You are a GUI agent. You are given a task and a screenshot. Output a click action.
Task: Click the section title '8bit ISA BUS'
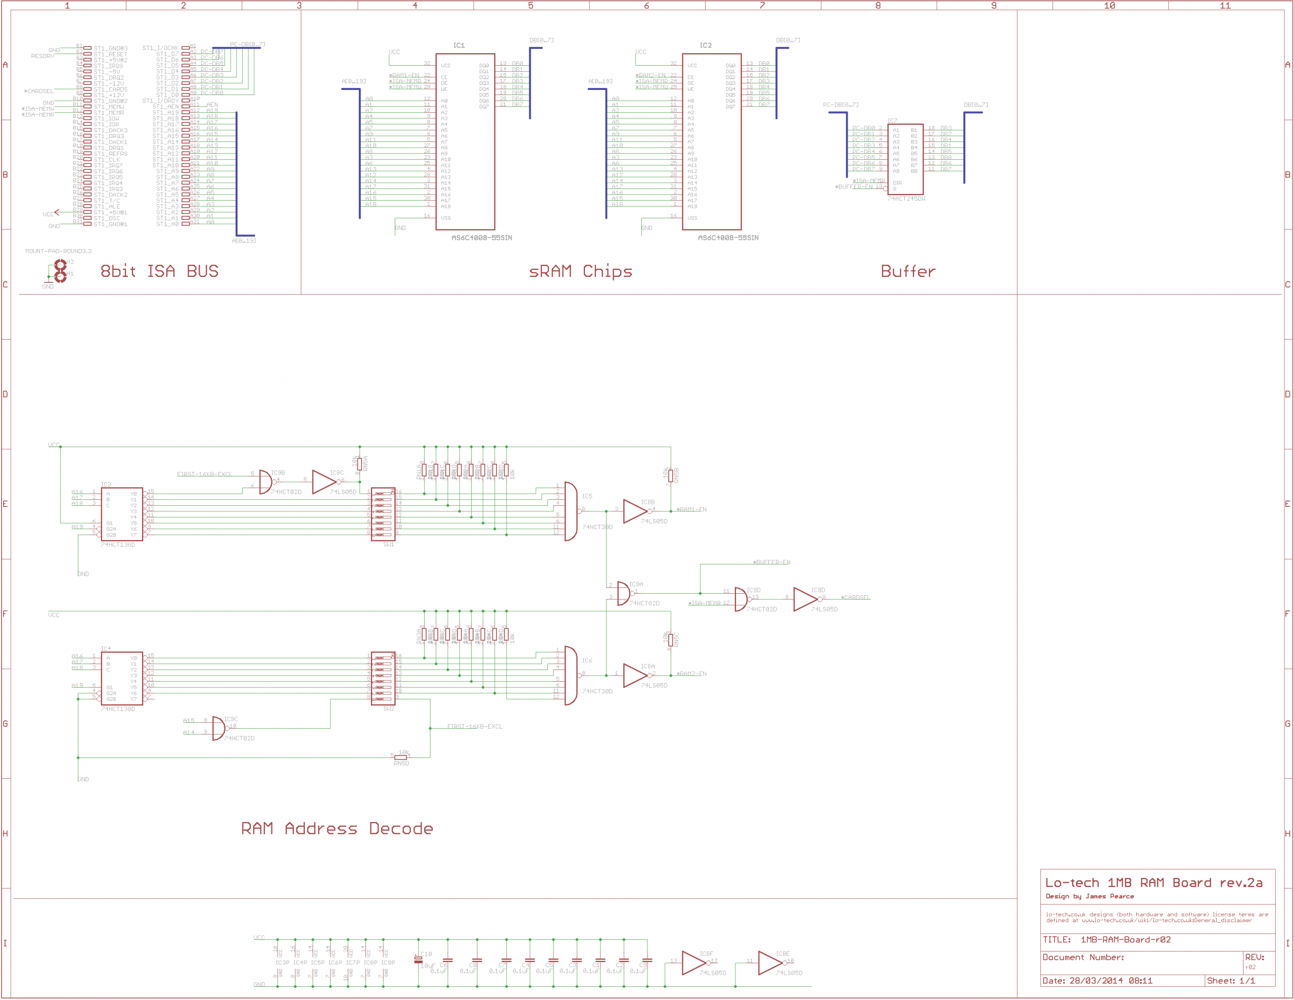[159, 271]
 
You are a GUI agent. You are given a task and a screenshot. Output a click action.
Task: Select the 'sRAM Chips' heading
[580, 271]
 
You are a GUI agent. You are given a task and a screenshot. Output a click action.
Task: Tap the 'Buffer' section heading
[908, 271]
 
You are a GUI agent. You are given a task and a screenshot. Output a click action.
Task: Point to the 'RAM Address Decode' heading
[337, 828]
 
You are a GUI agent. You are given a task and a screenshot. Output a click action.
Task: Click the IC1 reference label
[459, 45]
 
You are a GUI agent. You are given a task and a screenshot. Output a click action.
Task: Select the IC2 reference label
[706, 45]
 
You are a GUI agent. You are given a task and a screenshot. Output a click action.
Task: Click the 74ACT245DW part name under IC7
[906, 199]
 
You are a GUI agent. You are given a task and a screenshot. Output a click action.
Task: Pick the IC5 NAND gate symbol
[571, 511]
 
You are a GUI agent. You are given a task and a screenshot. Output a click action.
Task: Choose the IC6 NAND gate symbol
[571, 676]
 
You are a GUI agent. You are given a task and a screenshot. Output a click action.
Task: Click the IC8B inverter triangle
[635, 511]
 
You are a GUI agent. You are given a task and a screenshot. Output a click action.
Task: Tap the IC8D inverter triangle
[805, 599]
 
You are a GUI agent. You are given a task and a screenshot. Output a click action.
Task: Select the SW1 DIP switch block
[383, 513]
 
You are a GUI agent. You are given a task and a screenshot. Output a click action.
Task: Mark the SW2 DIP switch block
[383, 678]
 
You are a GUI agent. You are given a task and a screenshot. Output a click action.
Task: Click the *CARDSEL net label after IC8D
[856, 597]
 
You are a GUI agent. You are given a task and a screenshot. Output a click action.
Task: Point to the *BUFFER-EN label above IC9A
[771, 562]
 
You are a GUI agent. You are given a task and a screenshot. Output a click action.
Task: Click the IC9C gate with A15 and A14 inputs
[218, 728]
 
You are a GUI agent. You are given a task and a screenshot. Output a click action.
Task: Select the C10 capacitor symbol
[419, 960]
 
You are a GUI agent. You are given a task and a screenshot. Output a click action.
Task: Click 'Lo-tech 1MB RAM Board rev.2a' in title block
[1153, 883]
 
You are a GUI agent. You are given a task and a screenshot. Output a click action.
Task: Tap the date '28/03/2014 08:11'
[1111, 981]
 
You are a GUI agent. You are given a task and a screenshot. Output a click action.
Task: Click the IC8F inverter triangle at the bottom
[694, 963]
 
